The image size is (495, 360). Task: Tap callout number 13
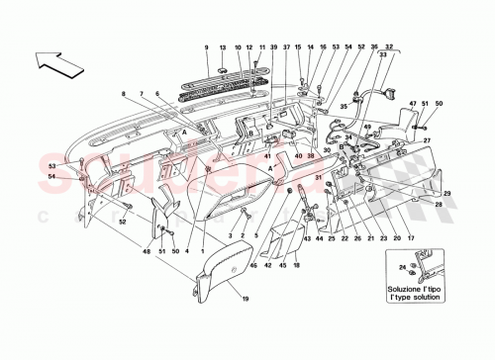coord(223,46)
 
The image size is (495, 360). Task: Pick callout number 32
coord(389,46)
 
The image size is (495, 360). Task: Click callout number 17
coord(409,238)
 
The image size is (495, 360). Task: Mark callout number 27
coord(428,141)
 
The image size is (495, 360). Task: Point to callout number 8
coord(126,94)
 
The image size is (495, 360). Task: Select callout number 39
coord(273,46)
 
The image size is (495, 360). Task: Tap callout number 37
coord(286,46)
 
